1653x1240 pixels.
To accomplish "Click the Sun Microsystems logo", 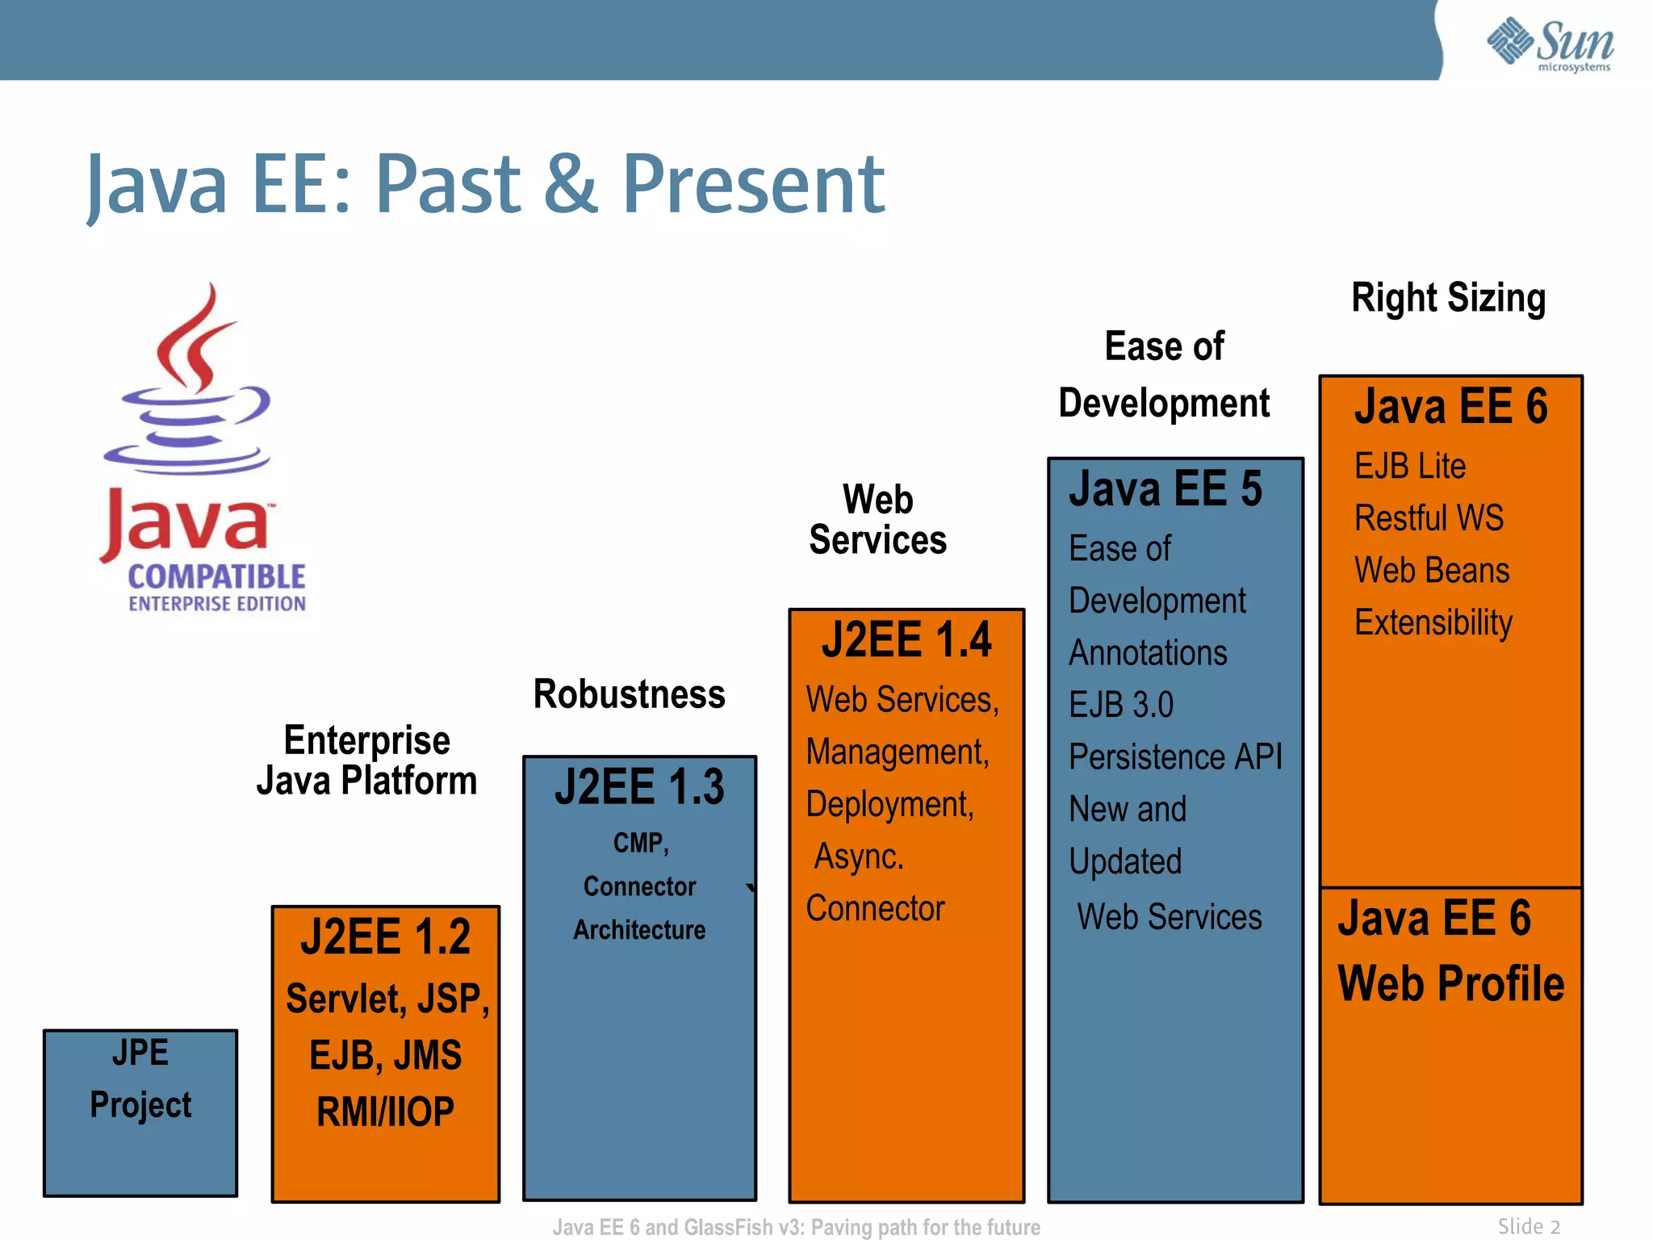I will pos(1550,44).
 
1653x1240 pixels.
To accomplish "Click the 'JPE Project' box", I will pos(140,1112).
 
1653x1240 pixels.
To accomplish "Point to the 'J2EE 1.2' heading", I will pos(385,936).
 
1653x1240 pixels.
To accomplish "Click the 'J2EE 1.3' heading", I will pos(639,787).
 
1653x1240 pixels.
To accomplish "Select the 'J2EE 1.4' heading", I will pos(906,640).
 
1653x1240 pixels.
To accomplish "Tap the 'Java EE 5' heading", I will pos(1165,489).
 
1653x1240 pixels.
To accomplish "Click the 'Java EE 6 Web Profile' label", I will pos(1450,951).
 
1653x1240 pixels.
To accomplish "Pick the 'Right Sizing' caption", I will pos(1449,298).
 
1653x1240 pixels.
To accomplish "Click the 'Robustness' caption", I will pos(630,694).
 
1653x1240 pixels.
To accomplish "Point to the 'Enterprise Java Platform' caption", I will pos(367,760).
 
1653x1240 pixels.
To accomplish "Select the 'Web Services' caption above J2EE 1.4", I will pos(878,520).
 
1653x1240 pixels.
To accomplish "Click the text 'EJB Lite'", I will pos(1410,466).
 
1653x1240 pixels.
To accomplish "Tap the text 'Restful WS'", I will pos(1429,518).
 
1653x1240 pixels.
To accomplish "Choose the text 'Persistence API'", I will pos(1175,757).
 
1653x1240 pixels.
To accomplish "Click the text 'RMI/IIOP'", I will pos(385,1112).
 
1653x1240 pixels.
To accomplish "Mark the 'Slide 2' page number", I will pos(1529,1226).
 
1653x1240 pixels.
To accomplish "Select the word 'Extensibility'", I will pos(1433,622).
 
